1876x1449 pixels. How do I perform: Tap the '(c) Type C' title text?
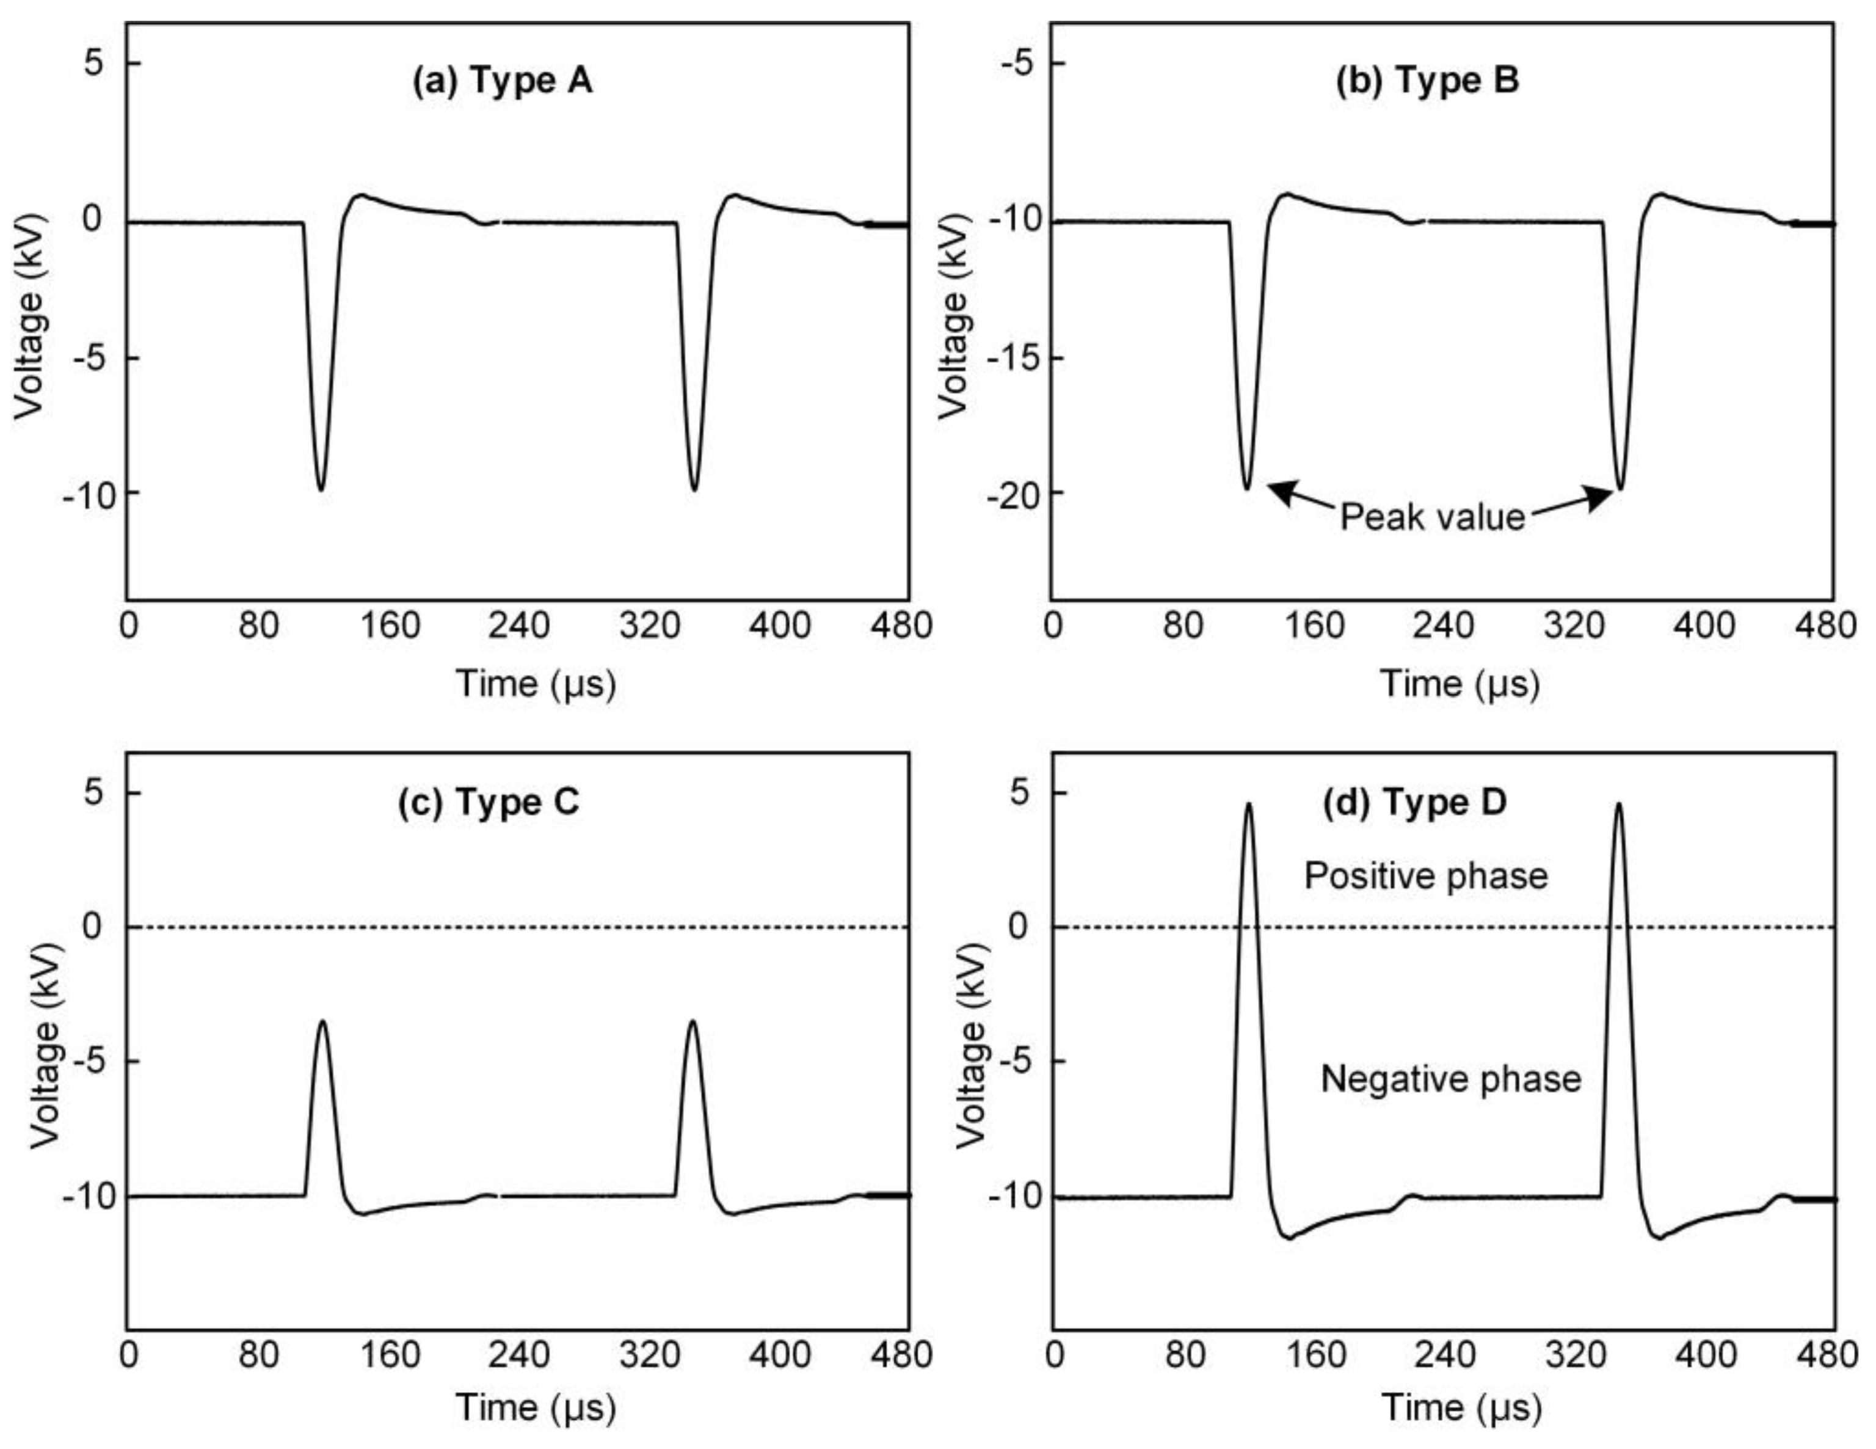488,802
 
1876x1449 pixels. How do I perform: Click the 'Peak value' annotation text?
1432,517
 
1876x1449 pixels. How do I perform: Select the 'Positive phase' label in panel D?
1426,876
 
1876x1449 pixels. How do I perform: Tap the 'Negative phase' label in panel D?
1450,1079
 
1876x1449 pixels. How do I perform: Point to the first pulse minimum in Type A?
321,490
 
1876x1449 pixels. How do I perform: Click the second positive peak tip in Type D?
1618,805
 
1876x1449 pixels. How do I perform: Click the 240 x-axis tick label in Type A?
519,626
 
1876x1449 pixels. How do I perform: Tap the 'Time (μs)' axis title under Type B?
1460,684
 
